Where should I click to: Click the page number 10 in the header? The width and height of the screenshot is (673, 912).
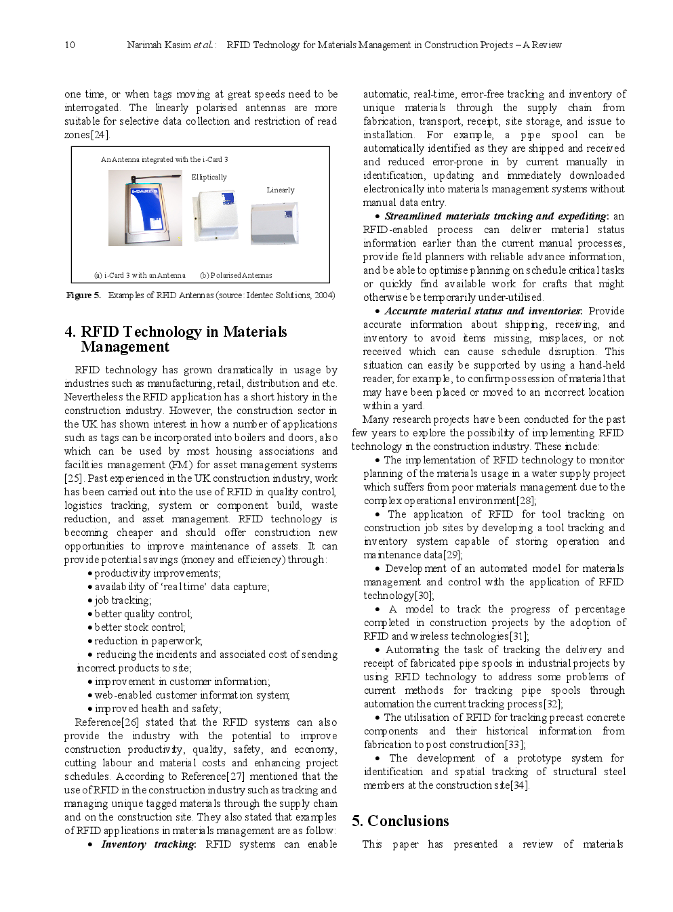click(x=70, y=45)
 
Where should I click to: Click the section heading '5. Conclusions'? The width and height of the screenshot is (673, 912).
click(x=400, y=821)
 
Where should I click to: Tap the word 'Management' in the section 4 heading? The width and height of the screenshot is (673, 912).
click(x=125, y=347)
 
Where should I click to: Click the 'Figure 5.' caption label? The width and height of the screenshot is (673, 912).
click(x=83, y=295)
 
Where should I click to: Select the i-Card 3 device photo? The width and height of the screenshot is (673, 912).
click(x=145, y=207)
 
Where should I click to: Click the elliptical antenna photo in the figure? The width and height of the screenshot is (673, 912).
click(x=216, y=215)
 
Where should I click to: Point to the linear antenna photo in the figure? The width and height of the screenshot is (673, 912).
click(x=274, y=222)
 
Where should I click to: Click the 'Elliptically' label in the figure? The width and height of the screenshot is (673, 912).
click(x=209, y=177)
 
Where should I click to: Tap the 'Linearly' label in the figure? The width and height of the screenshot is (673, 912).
click(x=281, y=190)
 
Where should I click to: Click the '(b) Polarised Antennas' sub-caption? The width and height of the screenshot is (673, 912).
click(x=236, y=275)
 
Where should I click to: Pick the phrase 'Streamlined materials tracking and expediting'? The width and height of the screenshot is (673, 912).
click(x=495, y=216)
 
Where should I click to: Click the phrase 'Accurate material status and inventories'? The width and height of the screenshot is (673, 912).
click(x=483, y=311)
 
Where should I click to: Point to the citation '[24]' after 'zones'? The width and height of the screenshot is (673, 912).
click(x=100, y=135)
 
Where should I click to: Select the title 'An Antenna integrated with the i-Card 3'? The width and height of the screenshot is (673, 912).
click(x=164, y=160)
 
